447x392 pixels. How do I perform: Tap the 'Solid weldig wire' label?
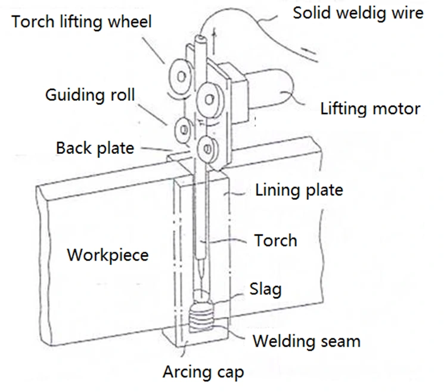point(358,12)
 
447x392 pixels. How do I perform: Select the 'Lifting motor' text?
point(370,109)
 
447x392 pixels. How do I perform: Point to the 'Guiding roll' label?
point(90,95)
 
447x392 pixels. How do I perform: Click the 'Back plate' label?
point(95,147)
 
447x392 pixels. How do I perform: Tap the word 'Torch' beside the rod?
point(275,240)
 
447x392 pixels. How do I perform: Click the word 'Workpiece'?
point(107,255)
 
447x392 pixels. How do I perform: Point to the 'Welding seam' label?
point(306,341)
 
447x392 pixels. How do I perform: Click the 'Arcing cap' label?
point(203,372)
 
